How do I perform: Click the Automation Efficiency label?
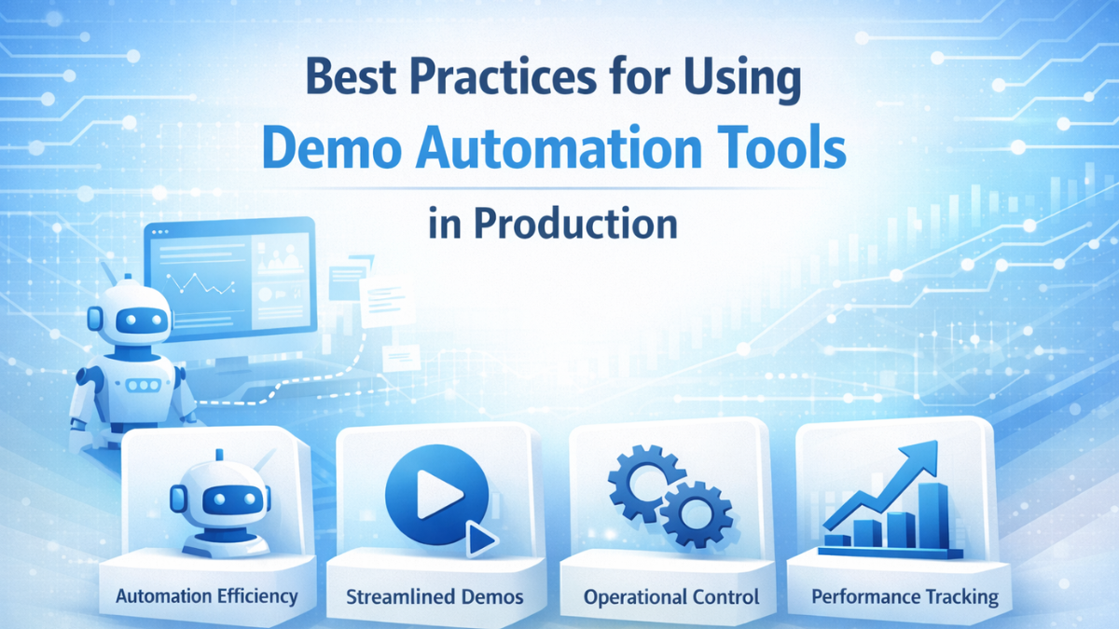pos(207,595)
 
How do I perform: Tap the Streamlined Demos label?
pos(435,595)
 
